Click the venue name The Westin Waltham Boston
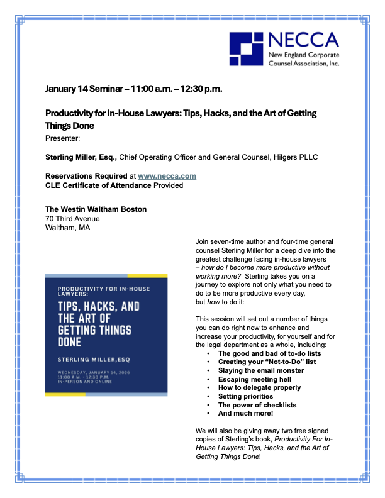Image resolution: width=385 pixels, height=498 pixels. [x=96, y=209]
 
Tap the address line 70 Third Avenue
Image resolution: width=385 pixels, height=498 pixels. [x=72, y=219]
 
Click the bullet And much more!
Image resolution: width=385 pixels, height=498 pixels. [x=246, y=414]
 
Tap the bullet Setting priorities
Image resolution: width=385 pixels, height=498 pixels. [x=245, y=396]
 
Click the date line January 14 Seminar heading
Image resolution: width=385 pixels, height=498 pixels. [x=133, y=89]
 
